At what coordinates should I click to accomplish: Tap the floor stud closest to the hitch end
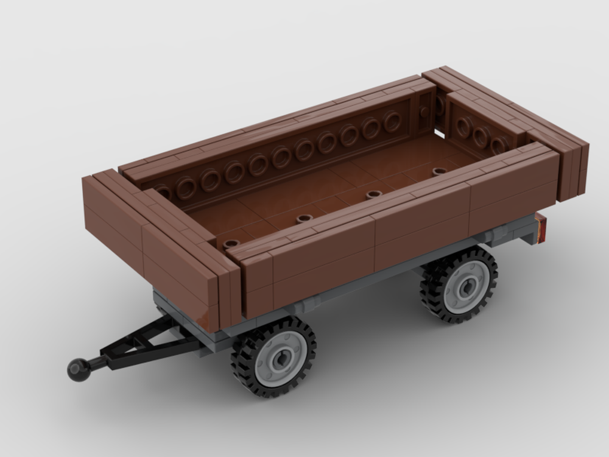click(231, 244)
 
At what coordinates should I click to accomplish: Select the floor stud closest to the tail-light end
click(439, 171)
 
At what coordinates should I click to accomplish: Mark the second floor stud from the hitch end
click(303, 219)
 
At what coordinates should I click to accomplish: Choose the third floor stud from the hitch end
click(372, 195)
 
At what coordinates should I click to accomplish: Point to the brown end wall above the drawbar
click(152, 244)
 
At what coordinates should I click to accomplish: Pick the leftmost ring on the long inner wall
click(163, 191)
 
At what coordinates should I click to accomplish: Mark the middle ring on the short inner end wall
click(481, 136)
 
